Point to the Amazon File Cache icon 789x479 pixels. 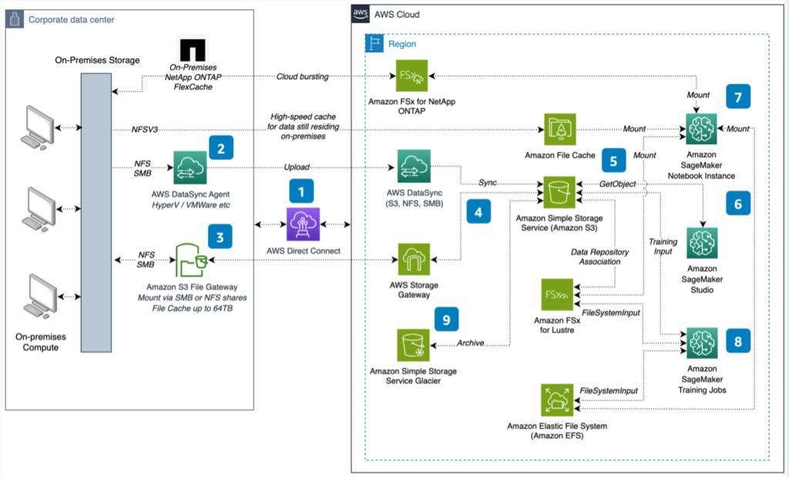tap(560, 130)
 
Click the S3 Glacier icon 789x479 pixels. tap(412, 344)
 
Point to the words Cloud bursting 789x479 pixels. tap(304, 76)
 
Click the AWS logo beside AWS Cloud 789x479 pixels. tap(361, 15)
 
